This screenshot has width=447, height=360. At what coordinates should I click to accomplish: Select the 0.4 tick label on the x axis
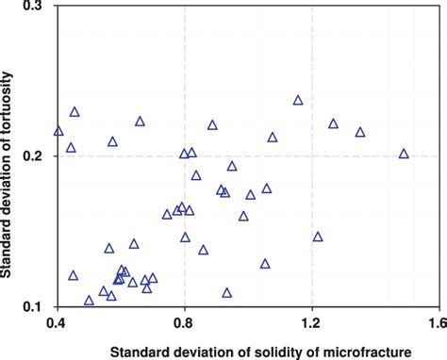pyautogui.click(x=57, y=323)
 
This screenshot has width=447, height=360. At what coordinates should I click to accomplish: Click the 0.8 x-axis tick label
pyautogui.click(x=185, y=323)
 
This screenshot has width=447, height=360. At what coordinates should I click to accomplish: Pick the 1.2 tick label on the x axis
pyautogui.click(x=312, y=323)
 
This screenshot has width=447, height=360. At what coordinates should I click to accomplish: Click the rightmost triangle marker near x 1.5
pyautogui.click(x=405, y=154)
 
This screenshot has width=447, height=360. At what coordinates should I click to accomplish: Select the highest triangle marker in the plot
pyautogui.click(x=298, y=100)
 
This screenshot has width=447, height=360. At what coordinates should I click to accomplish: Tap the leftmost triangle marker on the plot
pyautogui.click(x=58, y=131)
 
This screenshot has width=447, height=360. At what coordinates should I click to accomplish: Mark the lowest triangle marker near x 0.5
pyautogui.click(x=89, y=301)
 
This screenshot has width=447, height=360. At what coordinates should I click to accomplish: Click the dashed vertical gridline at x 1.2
pyautogui.click(x=312, y=236)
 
